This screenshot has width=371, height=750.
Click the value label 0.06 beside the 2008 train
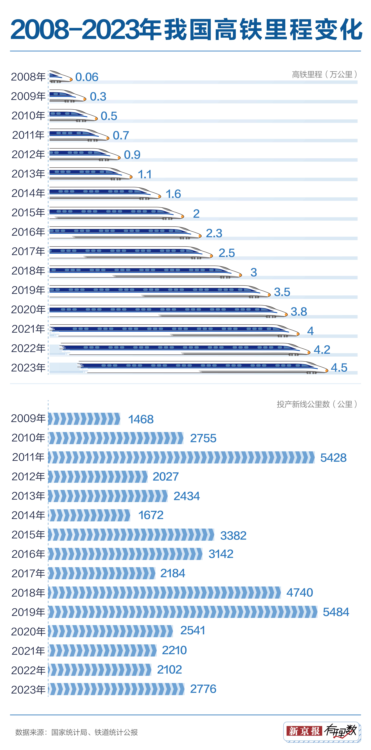[x=87, y=77]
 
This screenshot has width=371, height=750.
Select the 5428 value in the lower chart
[x=333, y=458]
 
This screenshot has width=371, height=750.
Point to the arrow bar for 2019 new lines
[x=183, y=612]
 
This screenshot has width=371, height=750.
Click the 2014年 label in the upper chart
[x=28, y=193]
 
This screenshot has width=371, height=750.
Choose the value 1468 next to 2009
[x=141, y=419]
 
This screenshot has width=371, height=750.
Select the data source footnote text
[x=76, y=732]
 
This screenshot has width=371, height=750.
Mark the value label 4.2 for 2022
[x=322, y=350]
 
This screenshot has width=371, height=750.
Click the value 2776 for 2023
[x=203, y=689]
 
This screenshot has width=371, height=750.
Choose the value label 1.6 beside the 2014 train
[x=173, y=194]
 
